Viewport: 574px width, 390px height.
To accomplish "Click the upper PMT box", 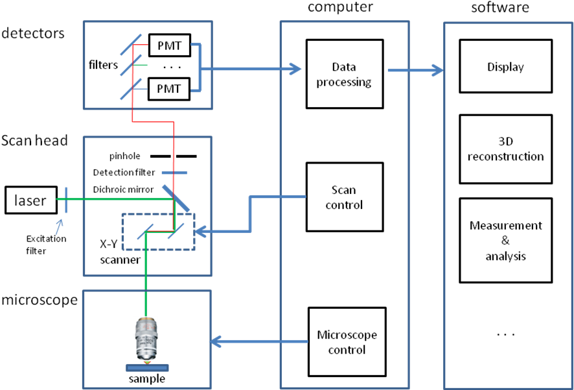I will (x=169, y=46).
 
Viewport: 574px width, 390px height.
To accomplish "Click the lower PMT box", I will (x=169, y=88).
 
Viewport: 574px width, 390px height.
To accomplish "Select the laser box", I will (x=30, y=201).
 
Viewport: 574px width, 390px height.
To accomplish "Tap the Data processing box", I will (x=344, y=74).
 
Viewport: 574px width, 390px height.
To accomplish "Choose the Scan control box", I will (x=344, y=197).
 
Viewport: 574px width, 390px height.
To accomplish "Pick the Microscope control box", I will (x=347, y=341).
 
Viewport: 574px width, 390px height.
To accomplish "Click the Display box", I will (x=505, y=67).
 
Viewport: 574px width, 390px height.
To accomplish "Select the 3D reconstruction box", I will (x=505, y=149).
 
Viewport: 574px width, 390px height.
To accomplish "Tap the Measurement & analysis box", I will (x=505, y=240).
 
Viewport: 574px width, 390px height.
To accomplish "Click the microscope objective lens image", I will (x=146, y=339).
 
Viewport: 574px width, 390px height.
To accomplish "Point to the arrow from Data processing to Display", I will (x=415, y=69).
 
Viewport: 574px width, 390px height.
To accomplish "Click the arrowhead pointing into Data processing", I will (x=296, y=68).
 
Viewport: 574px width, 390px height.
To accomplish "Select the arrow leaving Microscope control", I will (x=259, y=341).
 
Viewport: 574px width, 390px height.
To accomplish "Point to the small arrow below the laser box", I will (x=59, y=226).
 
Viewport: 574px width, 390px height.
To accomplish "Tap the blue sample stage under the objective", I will (x=147, y=367).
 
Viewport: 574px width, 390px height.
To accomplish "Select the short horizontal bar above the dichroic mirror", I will (x=174, y=173).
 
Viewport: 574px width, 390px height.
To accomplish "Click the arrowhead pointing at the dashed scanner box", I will (x=201, y=230).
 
